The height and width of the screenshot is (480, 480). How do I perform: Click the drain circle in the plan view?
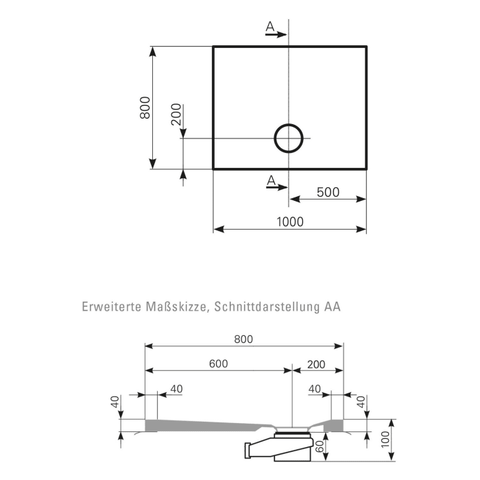[289, 138]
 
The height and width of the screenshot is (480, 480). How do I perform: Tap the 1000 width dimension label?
[289, 221]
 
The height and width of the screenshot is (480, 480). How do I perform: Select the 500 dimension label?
[327, 192]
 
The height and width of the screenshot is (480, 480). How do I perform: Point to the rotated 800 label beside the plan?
[145, 108]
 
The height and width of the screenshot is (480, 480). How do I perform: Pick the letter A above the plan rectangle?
[270, 27]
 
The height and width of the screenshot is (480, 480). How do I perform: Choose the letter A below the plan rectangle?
[271, 180]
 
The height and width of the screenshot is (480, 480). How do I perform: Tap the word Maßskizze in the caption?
[175, 307]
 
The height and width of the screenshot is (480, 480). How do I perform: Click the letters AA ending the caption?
[333, 307]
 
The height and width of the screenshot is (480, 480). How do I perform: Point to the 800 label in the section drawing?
[243, 339]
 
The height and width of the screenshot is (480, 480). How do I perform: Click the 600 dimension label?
[219, 364]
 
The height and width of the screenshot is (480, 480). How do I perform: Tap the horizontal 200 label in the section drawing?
[316, 364]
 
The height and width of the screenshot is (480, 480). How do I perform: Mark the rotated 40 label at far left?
[115, 403]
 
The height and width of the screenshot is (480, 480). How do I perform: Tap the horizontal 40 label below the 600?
[176, 389]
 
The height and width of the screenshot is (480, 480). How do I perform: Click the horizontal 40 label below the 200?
[315, 389]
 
